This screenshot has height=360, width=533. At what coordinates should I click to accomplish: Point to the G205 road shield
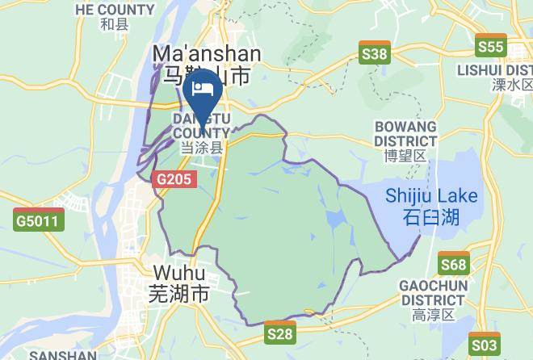174,180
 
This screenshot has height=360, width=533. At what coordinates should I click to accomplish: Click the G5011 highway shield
38,220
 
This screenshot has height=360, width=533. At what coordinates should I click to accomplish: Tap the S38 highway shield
375,55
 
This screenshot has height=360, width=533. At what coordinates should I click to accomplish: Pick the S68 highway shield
454,264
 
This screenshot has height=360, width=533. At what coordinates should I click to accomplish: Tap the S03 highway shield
484,345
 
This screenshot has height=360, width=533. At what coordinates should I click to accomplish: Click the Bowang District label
405,134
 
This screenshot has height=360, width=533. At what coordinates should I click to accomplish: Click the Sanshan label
62,354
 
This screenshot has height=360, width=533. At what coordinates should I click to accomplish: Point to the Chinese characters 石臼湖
430,216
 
